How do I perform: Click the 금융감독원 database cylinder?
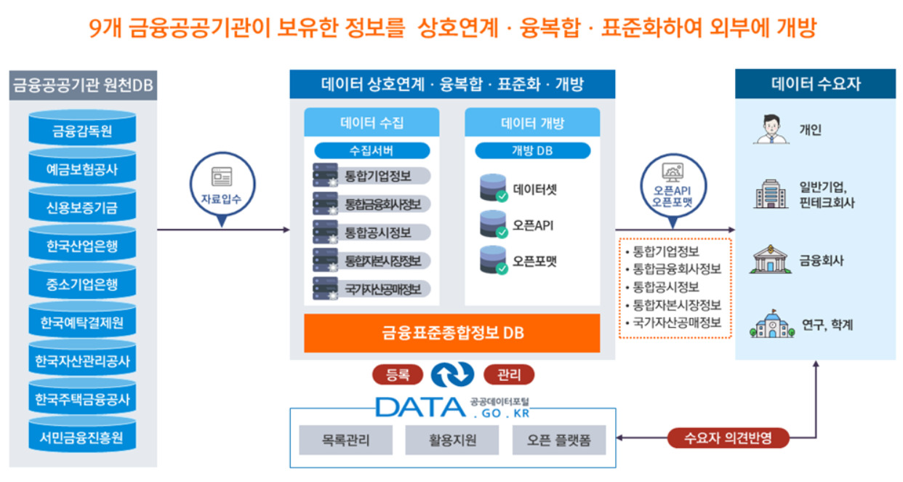pyautogui.click(x=82, y=128)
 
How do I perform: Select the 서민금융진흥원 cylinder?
pyautogui.click(x=82, y=435)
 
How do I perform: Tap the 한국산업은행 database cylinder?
pyautogui.click(x=82, y=243)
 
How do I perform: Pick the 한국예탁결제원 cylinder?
pyautogui.click(x=82, y=319)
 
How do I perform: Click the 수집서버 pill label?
pyautogui.click(x=372, y=150)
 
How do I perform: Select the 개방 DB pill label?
pyautogui.click(x=532, y=150)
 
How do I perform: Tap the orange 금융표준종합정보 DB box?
pyautogui.click(x=452, y=333)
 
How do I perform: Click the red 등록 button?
pyautogui.click(x=398, y=375)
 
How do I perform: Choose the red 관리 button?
pyautogui.click(x=509, y=375)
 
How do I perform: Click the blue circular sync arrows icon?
pyautogui.click(x=453, y=374)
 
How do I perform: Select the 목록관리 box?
pyautogui.click(x=345, y=440)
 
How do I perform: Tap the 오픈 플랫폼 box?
pyautogui.click(x=558, y=440)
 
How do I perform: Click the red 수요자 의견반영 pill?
pyautogui.click(x=728, y=438)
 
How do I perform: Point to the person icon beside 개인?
pyautogui.click(x=771, y=129)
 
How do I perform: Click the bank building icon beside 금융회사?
pyautogui.click(x=771, y=259)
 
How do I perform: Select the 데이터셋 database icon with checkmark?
pyautogui.click(x=494, y=188)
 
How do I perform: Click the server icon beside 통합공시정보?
pyautogui.click(x=325, y=232)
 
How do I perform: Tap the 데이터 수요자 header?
pyautogui.click(x=816, y=84)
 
